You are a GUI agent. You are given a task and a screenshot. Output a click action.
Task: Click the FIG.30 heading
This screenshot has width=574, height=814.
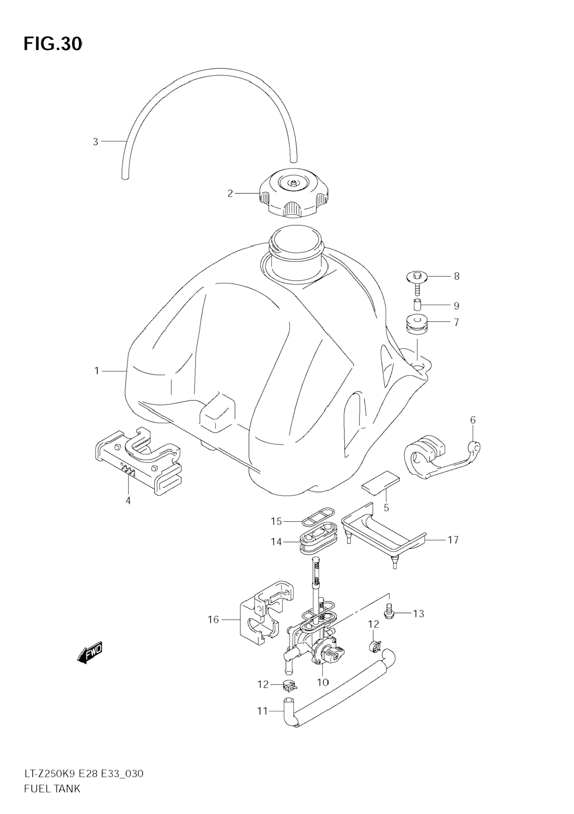click(x=53, y=44)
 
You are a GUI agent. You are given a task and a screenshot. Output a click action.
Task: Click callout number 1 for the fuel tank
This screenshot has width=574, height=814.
click(x=97, y=371)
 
